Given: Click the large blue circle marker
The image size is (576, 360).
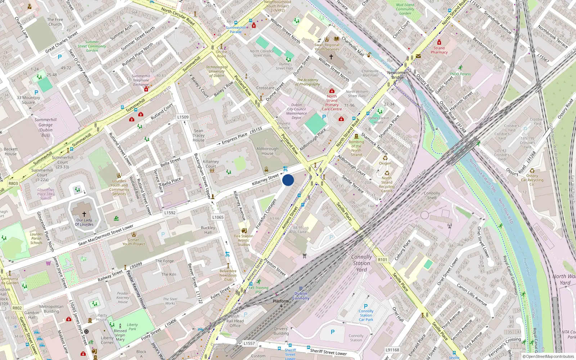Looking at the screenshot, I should pyautogui.click(x=288, y=180).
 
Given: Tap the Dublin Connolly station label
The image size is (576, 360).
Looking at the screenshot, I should pyautogui.click(x=301, y=296).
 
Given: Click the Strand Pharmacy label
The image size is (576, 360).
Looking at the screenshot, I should pyautogui.click(x=439, y=50).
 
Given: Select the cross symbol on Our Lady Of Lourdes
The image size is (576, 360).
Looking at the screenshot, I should pyautogui.click(x=84, y=214).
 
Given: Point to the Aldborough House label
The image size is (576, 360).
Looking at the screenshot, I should pyautogui.click(x=267, y=151).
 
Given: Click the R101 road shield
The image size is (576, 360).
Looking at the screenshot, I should pyautogui.click(x=382, y=260).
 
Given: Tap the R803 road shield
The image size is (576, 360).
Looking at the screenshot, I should pyautogui.click(x=13, y=183).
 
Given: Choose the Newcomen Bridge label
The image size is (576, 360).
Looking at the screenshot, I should pyautogui.click(x=397, y=75).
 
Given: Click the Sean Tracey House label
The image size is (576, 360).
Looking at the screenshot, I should pyautogui.click(x=198, y=135).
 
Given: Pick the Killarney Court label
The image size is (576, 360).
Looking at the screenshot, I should pyautogui.click(x=211, y=164).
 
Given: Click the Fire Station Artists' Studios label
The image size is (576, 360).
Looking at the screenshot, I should pyautogui.click(x=244, y=240).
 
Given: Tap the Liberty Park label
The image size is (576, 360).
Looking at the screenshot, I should pyautogui.click(x=132, y=327).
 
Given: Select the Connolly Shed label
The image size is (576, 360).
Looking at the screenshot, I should pyautogui.click(x=432, y=195).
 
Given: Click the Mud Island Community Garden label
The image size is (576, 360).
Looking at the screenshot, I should pyautogui.click(x=405, y=9).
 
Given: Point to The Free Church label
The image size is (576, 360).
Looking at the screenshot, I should pyautogui.click(x=55, y=22).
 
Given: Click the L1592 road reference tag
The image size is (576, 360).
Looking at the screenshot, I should pyautogui.click(x=170, y=213).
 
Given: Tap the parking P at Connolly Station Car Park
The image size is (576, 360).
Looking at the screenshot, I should pyautogui.click(x=366, y=306).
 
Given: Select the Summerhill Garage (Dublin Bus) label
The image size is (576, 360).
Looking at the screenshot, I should pyautogui.click(x=46, y=127).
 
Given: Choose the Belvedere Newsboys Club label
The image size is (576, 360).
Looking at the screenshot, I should pyautogui.click(x=228, y=275).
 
